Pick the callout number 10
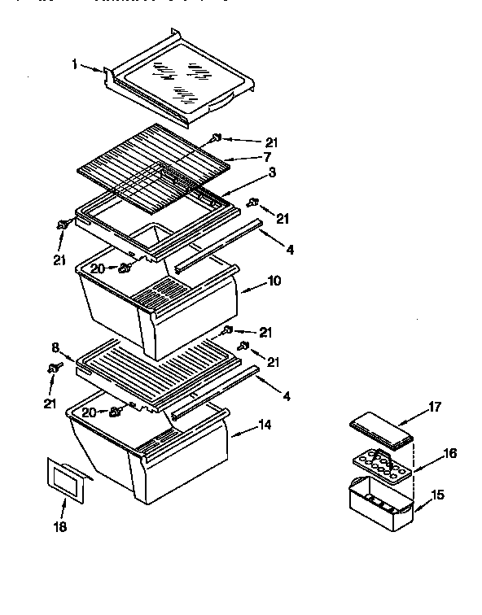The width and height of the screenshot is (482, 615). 274,281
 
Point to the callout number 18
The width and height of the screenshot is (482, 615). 61,526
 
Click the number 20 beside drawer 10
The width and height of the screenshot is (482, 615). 97,268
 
